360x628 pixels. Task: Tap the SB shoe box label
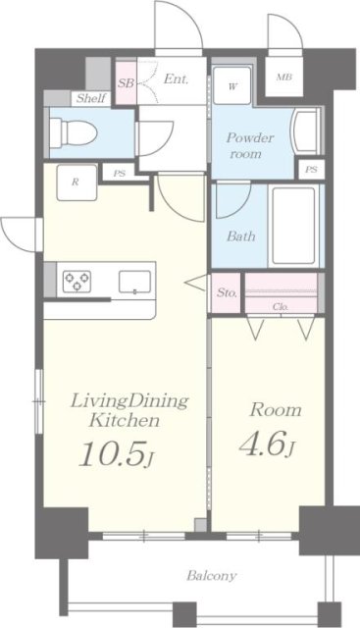(x=126, y=83)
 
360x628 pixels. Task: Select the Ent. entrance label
(x=176, y=78)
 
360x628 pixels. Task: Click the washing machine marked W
(x=232, y=86)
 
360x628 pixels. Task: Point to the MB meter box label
(x=283, y=78)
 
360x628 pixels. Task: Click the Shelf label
(x=91, y=98)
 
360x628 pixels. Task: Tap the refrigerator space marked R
(x=77, y=183)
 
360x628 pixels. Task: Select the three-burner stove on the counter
(x=77, y=281)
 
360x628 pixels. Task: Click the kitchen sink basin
(x=135, y=282)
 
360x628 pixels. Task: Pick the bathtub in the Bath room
(x=293, y=226)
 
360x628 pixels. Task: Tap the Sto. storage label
(x=227, y=292)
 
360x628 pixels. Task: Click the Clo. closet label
(x=281, y=307)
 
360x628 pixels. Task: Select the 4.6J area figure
(x=267, y=445)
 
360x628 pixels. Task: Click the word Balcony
(x=212, y=576)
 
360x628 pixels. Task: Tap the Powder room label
(x=250, y=146)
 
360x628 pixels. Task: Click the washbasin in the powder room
(x=306, y=131)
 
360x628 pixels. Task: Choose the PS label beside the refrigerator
(x=120, y=174)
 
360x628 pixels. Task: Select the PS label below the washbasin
(x=311, y=170)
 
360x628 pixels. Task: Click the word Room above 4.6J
(x=275, y=410)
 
